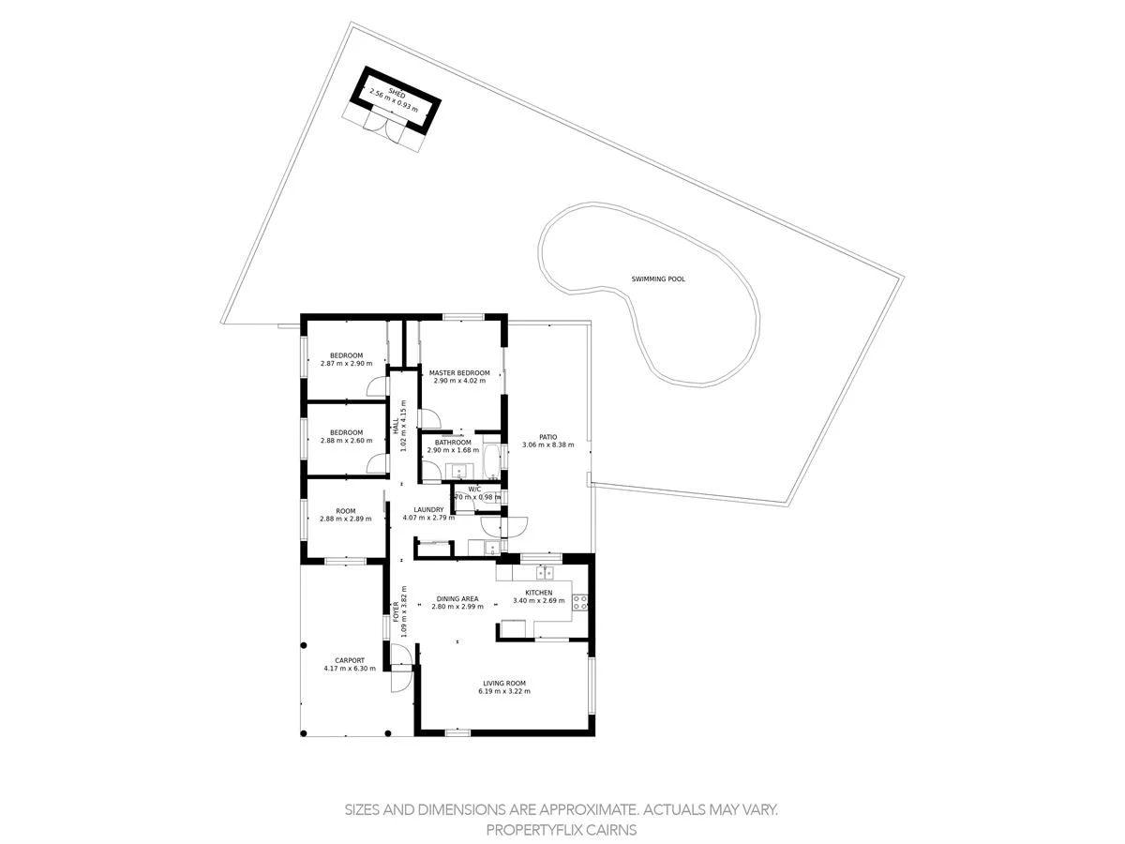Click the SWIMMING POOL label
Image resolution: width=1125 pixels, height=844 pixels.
pos(658,279)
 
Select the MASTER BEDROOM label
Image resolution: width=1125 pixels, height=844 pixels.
pos(459,373)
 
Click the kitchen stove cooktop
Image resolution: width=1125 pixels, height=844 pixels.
pos(580,601)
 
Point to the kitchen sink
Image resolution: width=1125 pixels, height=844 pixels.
pos(545,571)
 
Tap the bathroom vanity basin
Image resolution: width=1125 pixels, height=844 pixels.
pos(460,471)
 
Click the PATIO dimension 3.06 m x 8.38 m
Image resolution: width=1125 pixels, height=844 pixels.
pos(547,445)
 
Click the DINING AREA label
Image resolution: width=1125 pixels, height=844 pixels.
pos(457,598)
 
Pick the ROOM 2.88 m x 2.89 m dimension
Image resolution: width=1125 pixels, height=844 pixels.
pos(345,519)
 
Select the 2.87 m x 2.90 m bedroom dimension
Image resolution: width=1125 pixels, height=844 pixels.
pos(346,363)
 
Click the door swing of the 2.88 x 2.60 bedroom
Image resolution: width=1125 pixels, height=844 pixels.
pos(376,463)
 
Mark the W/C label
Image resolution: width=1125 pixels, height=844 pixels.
pos(474,489)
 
